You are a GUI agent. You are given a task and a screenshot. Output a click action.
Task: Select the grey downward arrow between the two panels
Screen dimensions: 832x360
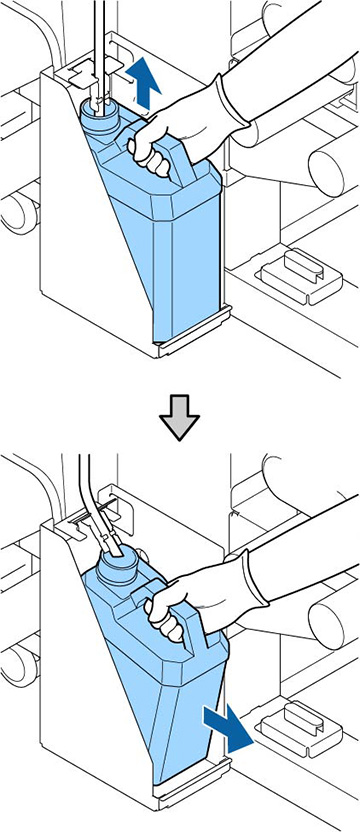(180, 418)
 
